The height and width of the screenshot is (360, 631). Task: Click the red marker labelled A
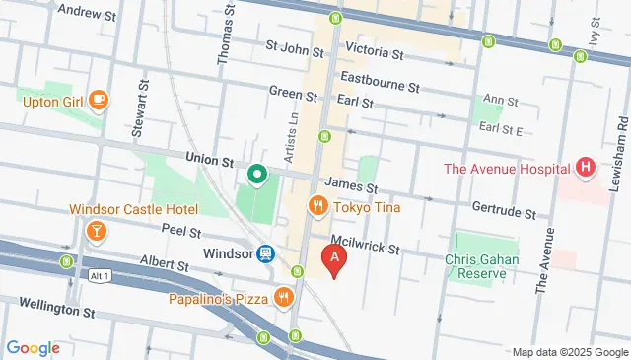pyautogui.click(x=335, y=260)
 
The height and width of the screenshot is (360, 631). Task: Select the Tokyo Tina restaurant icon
pyautogui.click(x=317, y=206)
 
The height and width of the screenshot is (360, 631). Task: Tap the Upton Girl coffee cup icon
pyautogui.click(x=99, y=100)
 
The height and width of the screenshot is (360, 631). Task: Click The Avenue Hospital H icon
pyautogui.click(x=587, y=168)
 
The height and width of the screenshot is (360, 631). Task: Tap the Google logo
pyautogui.click(x=33, y=348)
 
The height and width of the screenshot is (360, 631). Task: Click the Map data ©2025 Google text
pyautogui.click(x=569, y=352)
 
